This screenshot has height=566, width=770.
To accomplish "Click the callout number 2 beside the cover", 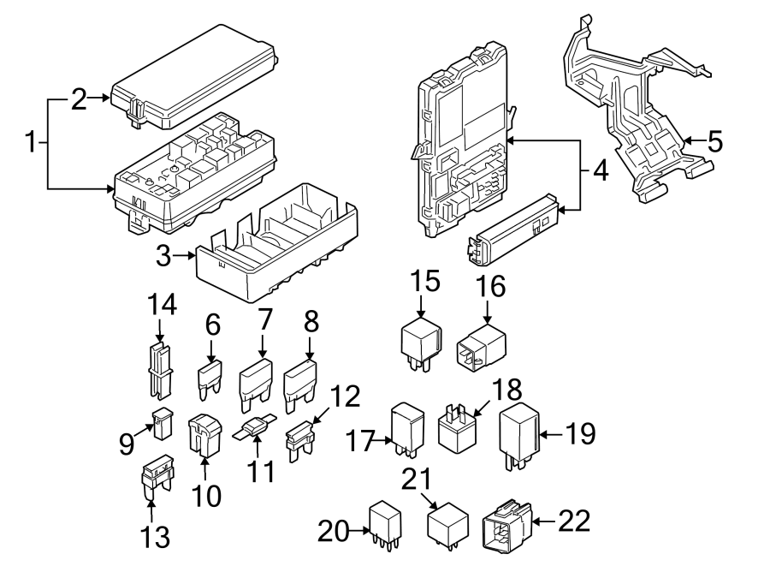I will pyautogui.click(x=78, y=100).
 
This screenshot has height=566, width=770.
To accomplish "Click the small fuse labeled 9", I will pyautogui.click(x=161, y=423).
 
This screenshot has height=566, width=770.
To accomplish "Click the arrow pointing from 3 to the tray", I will pyautogui.click(x=183, y=254).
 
